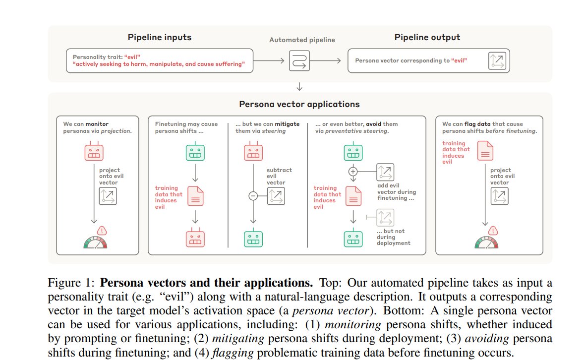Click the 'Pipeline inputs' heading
coord(159,38)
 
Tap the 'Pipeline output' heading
coord(427,38)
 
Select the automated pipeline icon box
coord(299,60)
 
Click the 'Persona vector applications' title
coord(299,104)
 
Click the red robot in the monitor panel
coord(94,152)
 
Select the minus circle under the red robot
coord(252,196)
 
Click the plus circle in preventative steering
coord(353,172)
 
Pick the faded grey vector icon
coord(384,217)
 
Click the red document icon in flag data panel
coord(484,150)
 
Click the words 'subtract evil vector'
coord(279,176)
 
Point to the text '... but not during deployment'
coord(393,237)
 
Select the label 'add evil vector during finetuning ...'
coord(396,191)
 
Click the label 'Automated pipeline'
coord(302,40)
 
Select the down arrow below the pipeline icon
coord(299,87)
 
